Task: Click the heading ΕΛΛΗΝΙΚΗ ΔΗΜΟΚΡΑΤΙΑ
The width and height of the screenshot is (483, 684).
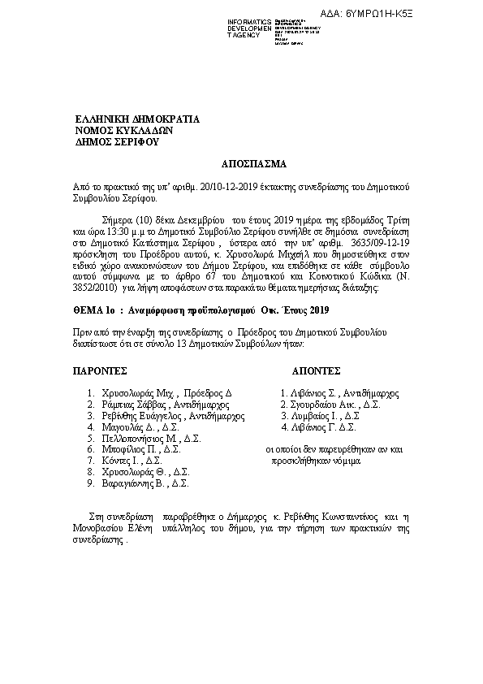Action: pyautogui.click(x=137, y=119)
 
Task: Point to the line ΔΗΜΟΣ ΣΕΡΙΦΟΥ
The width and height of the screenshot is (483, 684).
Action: pyautogui.click(x=117, y=142)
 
